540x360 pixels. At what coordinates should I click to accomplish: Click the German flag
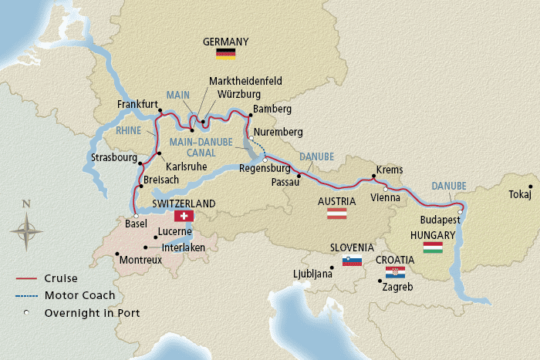coord(225,53)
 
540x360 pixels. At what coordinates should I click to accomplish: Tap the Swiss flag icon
coord(184,217)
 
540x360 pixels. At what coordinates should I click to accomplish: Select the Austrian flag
coord(336,214)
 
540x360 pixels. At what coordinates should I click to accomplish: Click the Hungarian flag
coord(432,247)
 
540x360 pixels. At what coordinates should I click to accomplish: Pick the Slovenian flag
coord(352,261)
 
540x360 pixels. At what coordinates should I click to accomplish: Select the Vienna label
coord(386,197)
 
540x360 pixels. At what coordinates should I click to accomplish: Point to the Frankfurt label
coord(138,104)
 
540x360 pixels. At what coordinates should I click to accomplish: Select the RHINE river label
coord(129,131)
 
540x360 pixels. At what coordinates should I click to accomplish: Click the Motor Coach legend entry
coord(79,295)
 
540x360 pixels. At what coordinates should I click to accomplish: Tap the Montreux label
coord(140,261)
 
